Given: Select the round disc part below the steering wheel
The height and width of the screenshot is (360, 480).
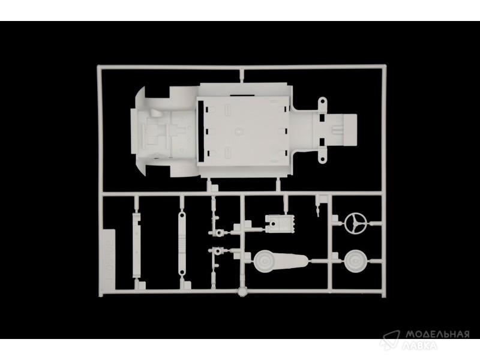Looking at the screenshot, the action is click(x=355, y=260).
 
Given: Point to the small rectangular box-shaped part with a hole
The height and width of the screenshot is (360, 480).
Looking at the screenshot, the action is click(x=280, y=223).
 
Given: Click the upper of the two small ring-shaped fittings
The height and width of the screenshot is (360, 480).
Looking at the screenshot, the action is click(x=218, y=233).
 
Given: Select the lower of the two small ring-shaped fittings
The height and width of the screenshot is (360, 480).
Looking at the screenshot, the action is click(x=218, y=251).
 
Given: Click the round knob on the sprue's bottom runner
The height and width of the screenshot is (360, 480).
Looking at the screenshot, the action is click(x=242, y=292).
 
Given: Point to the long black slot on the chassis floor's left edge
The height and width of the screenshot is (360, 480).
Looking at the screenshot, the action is click(x=201, y=131).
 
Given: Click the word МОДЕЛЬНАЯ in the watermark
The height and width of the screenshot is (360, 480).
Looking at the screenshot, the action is click(x=437, y=334).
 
